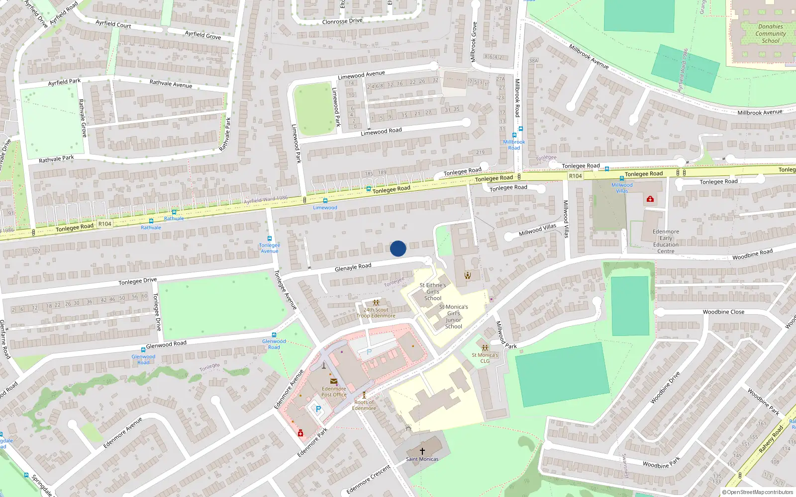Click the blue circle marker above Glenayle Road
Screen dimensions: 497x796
[x=398, y=248]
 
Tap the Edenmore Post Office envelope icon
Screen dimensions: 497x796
[x=333, y=381]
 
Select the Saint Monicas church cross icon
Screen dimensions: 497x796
[x=422, y=451]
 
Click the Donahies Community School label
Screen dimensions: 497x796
[x=770, y=34]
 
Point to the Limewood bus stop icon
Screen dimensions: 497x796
[x=325, y=201]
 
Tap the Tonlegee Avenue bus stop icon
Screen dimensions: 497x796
[x=270, y=239]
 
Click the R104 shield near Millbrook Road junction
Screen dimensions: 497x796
[x=575, y=176]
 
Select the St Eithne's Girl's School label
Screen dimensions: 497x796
[x=432, y=292]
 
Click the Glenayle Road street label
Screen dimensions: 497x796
[x=353, y=267]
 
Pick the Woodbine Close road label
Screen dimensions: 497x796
[x=723, y=312]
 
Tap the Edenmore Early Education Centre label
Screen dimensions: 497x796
[x=666, y=242]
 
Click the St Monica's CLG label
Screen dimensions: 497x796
[x=485, y=358]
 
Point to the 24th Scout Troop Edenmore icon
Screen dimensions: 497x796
[x=376, y=303]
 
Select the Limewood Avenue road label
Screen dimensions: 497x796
[x=361, y=75]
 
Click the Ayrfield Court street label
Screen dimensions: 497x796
[x=113, y=24]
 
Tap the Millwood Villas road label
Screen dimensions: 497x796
[x=537, y=230]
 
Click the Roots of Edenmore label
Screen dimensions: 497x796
[x=364, y=405]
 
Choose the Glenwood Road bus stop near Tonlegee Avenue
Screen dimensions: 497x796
[x=274, y=335]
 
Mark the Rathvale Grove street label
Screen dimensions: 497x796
[x=83, y=118]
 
